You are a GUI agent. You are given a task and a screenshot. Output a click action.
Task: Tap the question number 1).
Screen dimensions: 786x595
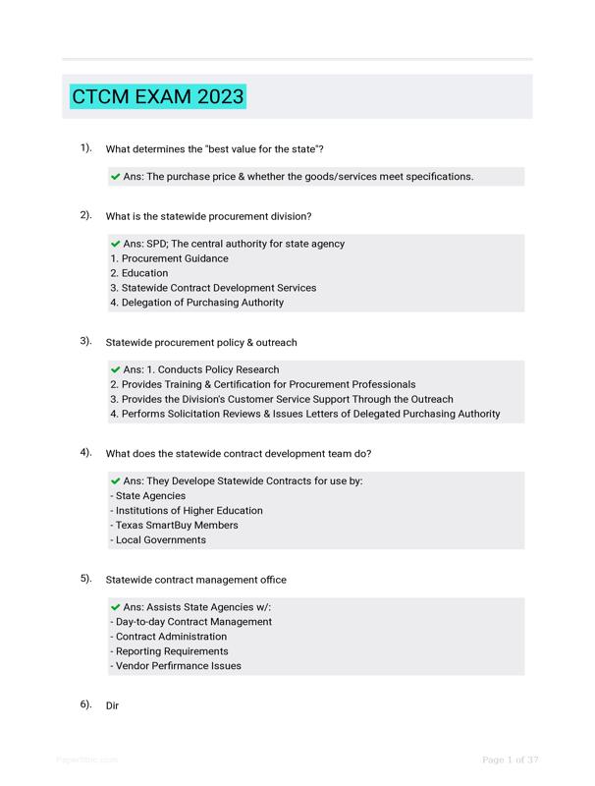pos(86,148)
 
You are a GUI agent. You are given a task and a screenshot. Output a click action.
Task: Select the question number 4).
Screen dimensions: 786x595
pos(86,453)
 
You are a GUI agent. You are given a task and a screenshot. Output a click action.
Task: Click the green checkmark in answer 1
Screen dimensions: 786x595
pos(116,177)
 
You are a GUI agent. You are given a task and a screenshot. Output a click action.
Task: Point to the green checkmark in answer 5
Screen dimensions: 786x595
pos(116,607)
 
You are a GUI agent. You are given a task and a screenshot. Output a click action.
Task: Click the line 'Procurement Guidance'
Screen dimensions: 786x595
pos(169,258)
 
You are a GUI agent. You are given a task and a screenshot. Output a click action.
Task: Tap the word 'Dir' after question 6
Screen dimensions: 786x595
pos(112,705)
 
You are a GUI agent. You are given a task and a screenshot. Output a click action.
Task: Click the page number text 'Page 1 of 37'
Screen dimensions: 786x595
pos(510,759)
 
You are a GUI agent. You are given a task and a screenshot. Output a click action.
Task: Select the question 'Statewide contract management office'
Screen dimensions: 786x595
pos(195,580)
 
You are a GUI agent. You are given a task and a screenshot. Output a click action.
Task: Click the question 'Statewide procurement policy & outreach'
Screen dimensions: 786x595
pos(200,342)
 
